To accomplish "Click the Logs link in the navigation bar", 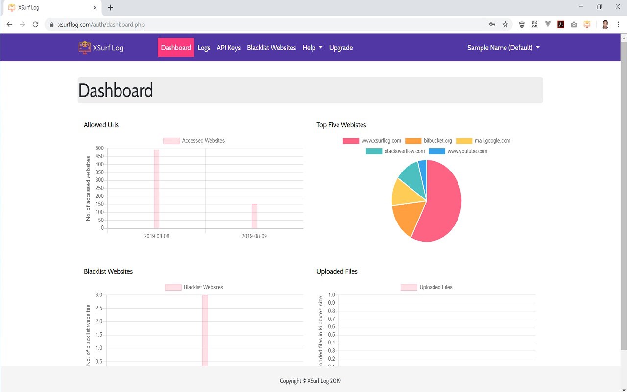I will (204, 48).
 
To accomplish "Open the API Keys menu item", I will (228, 48).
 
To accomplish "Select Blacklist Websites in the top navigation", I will (271, 48).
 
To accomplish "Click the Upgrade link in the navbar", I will (341, 48).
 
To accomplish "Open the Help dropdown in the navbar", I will (312, 48).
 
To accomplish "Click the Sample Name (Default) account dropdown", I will (503, 48).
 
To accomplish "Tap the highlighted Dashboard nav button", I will (176, 48).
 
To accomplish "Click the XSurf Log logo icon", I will (85, 48).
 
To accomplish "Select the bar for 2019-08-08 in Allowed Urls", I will (157, 189).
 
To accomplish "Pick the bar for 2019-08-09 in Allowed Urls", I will (254, 216).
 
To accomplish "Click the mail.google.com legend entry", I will (483, 141).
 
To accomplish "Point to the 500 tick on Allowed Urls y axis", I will (99, 148).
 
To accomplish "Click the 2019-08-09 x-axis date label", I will (254, 236).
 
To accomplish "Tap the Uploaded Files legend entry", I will (427, 287).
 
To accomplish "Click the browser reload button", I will (35, 24).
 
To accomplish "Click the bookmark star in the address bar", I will (505, 24).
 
